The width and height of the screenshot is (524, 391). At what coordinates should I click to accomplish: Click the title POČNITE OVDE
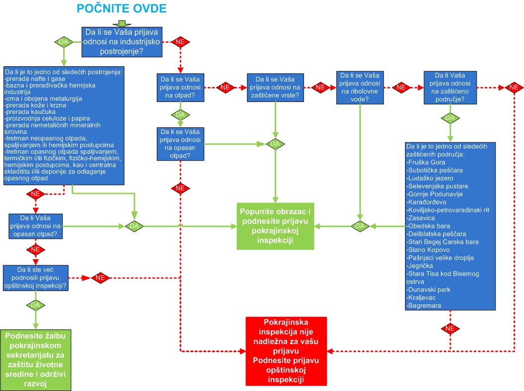click(x=122, y=8)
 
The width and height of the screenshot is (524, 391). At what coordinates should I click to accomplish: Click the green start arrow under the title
click(x=122, y=23)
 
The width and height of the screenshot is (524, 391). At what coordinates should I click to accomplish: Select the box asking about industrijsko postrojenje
click(x=122, y=42)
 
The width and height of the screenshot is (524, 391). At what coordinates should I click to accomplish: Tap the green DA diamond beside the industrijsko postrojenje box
click(x=64, y=42)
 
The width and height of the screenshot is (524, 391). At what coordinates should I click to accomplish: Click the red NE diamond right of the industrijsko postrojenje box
click(x=180, y=42)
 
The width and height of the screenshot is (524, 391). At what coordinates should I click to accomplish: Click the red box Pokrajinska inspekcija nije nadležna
click(x=286, y=351)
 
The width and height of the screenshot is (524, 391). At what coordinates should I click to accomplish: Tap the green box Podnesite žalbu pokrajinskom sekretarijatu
click(x=36, y=360)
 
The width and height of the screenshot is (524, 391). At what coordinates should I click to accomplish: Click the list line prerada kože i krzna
click(x=33, y=106)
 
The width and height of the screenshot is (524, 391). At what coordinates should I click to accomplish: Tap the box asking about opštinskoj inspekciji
click(x=35, y=278)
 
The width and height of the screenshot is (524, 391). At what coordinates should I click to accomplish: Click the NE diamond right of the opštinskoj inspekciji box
click(x=100, y=278)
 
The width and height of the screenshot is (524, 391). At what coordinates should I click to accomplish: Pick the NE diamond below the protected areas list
click(x=450, y=328)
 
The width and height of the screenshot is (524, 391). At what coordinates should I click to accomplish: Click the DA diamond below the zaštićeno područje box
click(x=450, y=118)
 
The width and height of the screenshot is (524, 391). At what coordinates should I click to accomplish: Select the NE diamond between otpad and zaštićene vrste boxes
click(x=225, y=87)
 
